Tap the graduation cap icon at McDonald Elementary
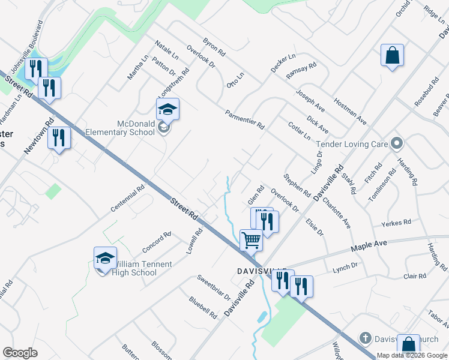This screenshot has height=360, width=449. pos(168,110)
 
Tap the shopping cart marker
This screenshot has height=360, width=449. pos(251,240)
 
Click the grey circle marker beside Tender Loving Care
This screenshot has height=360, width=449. pos(396,143)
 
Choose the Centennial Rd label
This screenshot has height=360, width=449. pos(128,199)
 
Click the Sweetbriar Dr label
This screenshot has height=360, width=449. pos(214,287)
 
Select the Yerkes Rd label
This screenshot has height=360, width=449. pos(396,223)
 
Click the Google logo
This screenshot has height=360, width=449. pos(20,353)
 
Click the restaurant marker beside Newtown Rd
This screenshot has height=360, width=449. pos(59,138)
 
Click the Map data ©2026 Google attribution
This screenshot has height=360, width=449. pos(412,355)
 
